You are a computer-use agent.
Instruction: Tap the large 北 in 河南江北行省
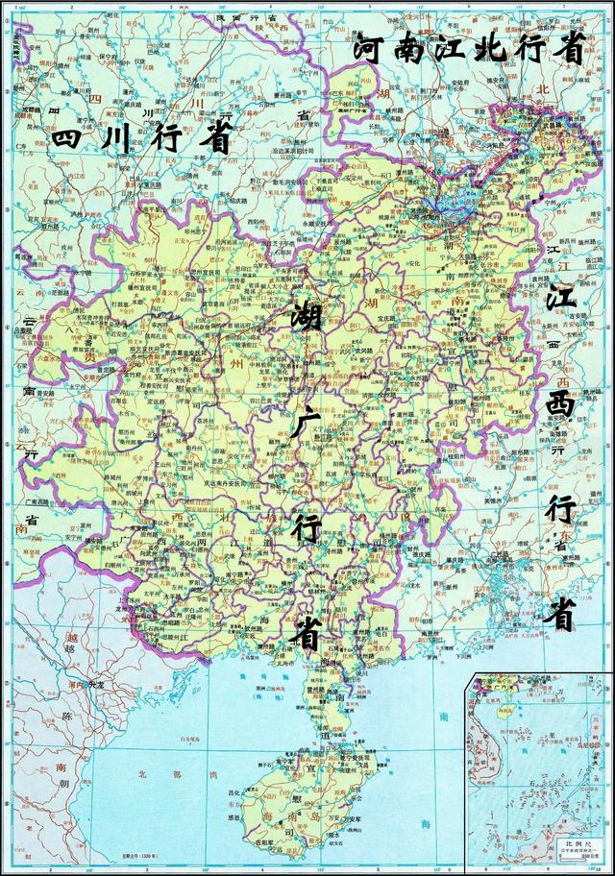[488, 48]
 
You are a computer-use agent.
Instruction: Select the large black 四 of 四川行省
[71, 138]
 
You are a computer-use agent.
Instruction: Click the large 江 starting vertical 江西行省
[563, 297]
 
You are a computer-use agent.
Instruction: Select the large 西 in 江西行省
[561, 404]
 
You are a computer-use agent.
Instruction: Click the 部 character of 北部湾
[155, 772]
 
